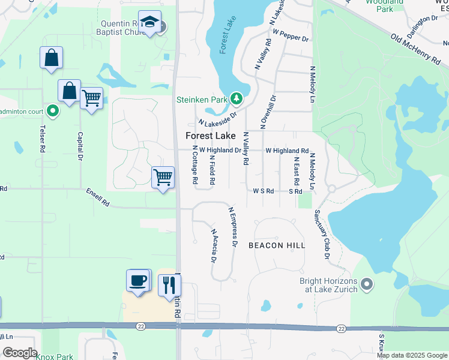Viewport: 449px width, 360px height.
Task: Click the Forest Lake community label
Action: point(206,136)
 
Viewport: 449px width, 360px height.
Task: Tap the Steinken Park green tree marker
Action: point(237,98)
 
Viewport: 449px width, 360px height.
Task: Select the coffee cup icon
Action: point(138,280)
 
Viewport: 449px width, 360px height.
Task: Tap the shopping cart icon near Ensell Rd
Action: point(163,178)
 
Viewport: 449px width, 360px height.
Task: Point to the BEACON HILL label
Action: point(277,245)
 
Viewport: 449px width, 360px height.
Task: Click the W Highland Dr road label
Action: point(220,151)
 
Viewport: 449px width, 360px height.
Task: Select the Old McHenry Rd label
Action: point(416,49)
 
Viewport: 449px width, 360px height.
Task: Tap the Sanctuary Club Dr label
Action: point(322,235)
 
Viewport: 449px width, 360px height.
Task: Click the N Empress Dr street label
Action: point(233,227)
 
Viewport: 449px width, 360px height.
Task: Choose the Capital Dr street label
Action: point(79,148)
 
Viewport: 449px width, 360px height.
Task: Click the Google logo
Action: point(19,353)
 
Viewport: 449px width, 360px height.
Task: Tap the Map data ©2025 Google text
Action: point(411,355)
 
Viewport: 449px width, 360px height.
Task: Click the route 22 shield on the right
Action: point(341,328)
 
